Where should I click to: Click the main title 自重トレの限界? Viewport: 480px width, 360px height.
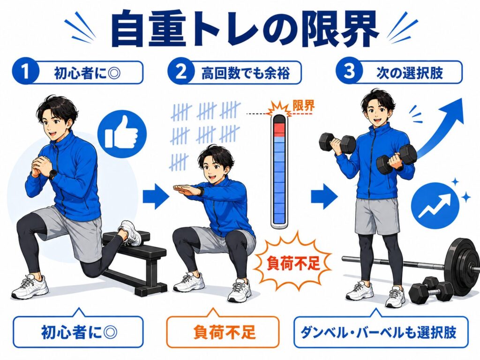click(x=244, y=29)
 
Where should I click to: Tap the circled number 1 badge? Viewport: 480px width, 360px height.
click(x=26, y=72)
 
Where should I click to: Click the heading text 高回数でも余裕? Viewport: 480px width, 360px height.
click(x=246, y=73)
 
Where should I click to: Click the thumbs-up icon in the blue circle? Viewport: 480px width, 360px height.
click(x=122, y=134)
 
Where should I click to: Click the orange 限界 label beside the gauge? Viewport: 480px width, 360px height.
click(x=304, y=105)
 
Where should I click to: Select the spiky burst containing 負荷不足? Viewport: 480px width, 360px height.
click(x=293, y=263)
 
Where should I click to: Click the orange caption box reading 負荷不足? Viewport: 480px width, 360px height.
click(x=223, y=332)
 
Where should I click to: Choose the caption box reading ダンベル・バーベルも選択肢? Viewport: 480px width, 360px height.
click(x=381, y=332)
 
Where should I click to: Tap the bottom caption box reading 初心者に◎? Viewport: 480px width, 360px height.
click(x=78, y=332)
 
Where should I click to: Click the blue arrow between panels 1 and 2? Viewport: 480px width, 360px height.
click(x=156, y=196)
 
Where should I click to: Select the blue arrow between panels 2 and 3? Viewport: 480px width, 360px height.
click(x=324, y=196)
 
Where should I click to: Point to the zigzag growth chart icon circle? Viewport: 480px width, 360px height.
click(x=435, y=206)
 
